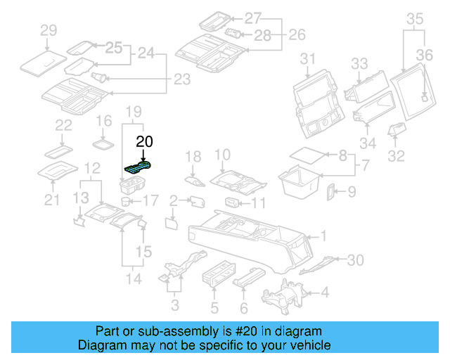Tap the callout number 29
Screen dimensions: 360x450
tap(48, 30)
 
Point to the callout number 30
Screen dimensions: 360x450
tap(355, 260)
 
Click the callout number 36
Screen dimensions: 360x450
tap(424, 54)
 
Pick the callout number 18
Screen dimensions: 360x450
tap(193, 156)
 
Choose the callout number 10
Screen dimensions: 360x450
tap(221, 155)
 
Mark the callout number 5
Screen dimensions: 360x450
tap(214, 307)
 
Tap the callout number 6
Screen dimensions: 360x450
tap(243, 307)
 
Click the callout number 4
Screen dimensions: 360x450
tap(324, 291)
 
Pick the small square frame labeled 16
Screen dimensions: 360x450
tap(104, 143)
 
